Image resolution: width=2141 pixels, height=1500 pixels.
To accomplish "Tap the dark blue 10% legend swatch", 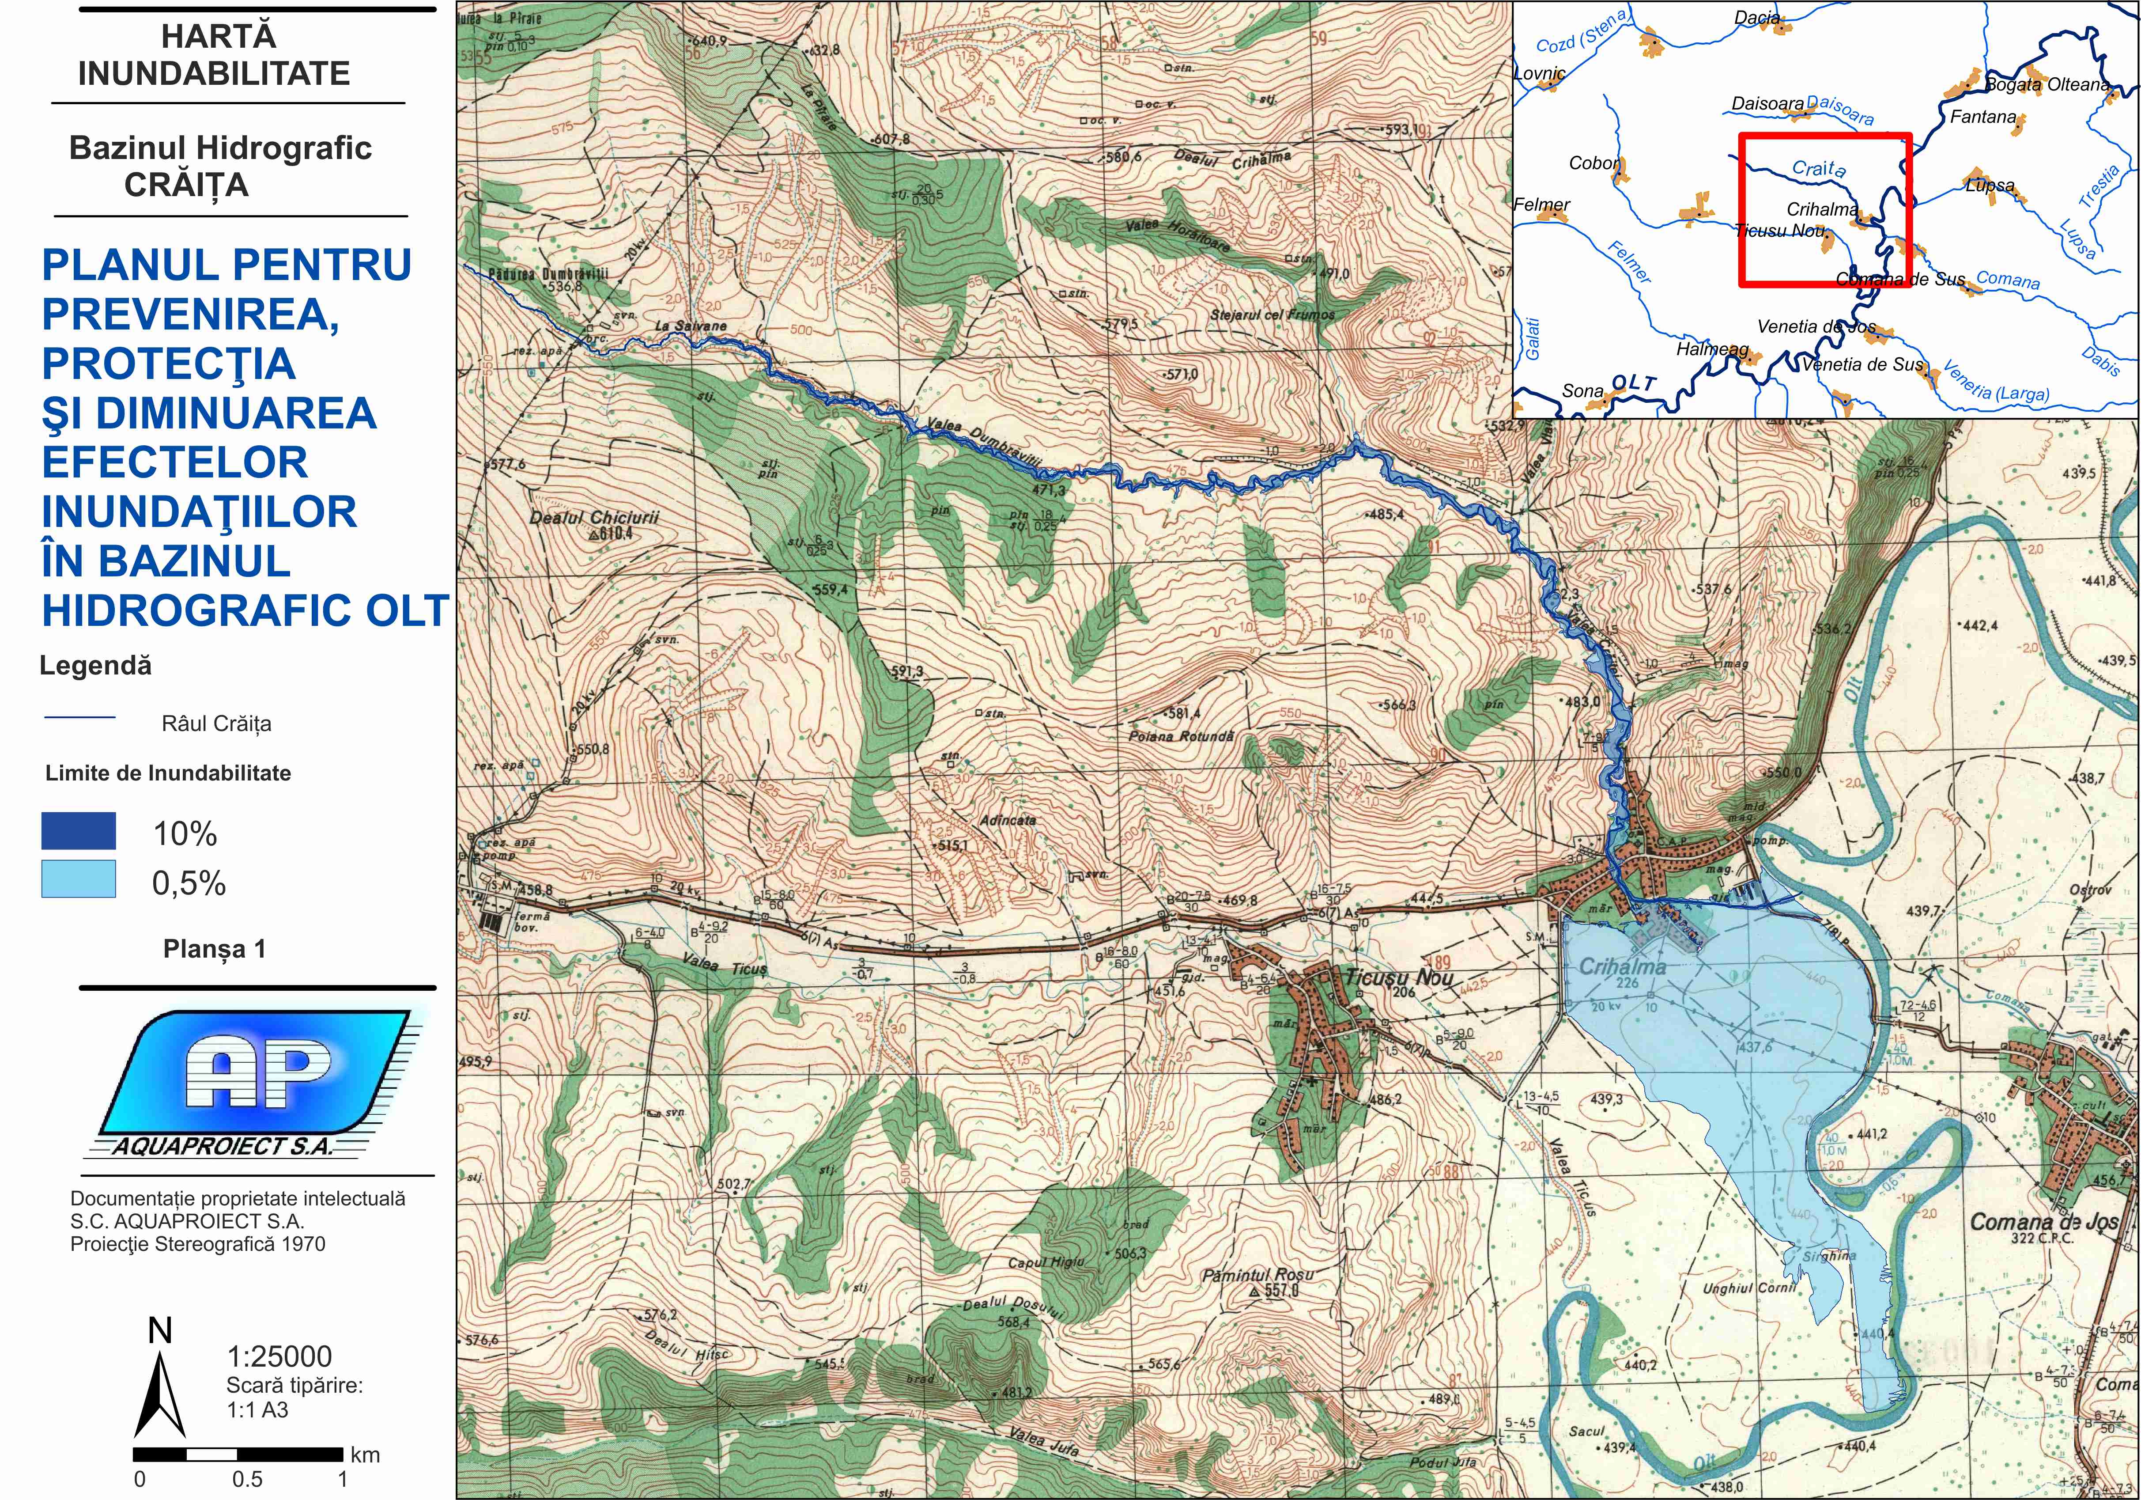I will click(78, 830).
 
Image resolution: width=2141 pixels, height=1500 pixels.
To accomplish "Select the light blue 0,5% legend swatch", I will click(78, 879).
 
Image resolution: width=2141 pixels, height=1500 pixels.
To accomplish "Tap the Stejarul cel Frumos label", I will click(1272, 315).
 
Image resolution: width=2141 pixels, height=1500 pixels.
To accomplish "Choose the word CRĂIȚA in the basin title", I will click(186, 185).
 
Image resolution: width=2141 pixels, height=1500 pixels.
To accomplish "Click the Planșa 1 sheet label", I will click(215, 949).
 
